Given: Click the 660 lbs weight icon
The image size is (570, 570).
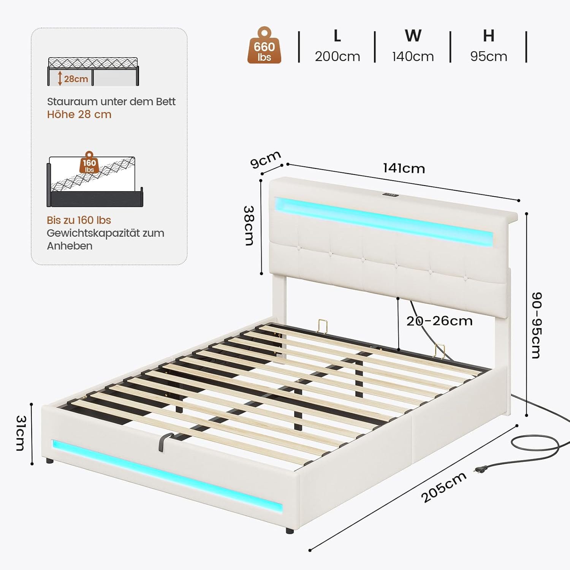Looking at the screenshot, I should pos(264,46).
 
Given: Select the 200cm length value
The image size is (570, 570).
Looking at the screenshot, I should pos(337,56).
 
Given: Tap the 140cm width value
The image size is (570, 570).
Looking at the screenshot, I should pos(413,56).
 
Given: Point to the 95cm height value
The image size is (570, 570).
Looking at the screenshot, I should pos(488,56).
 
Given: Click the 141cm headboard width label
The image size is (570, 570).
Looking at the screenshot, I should pos(404,168).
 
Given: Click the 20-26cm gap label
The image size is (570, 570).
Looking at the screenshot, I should pos(439,321).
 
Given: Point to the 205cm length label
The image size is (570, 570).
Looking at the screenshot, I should pos(443,487).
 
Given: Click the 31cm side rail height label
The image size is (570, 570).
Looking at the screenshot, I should pos(21,433).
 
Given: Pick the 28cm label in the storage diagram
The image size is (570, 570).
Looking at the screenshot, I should pos(76,79).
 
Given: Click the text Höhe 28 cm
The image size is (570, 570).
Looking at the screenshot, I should pos(79,114).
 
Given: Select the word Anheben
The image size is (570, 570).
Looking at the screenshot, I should pos(70,246).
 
